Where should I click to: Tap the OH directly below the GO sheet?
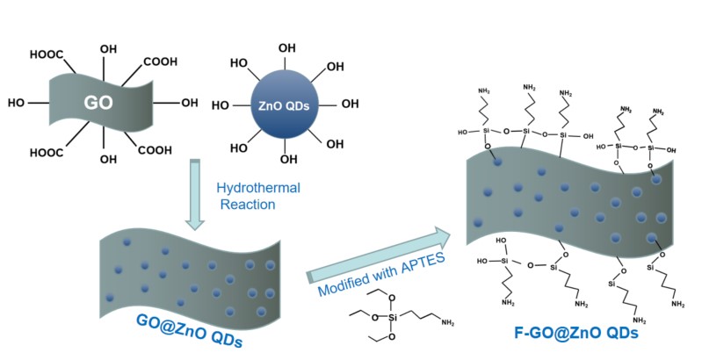tap(108, 160)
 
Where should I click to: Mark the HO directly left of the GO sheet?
tap(14, 102)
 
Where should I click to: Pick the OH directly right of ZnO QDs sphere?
tap(350, 104)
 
